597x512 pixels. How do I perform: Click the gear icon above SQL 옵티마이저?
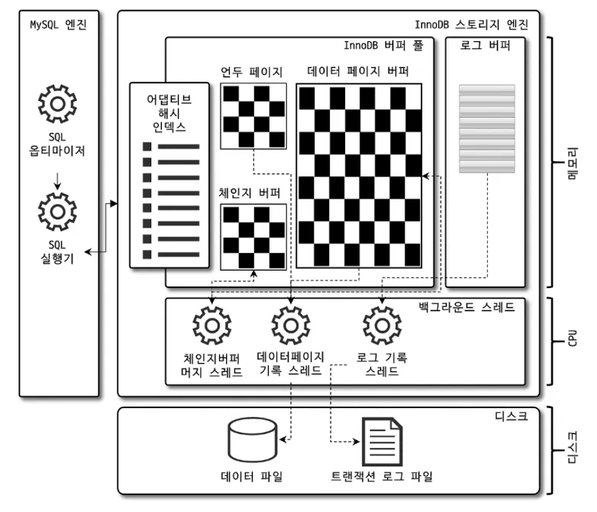point(57,104)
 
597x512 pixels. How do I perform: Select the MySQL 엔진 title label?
point(58,24)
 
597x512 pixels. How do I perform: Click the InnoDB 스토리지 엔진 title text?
point(476,24)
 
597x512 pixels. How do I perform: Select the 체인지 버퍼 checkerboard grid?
point(253,237)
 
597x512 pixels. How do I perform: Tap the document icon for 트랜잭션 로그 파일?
point(381,442)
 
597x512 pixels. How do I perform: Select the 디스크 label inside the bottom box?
point(512,417)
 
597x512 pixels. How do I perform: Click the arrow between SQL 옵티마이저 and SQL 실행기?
point(57,182)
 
